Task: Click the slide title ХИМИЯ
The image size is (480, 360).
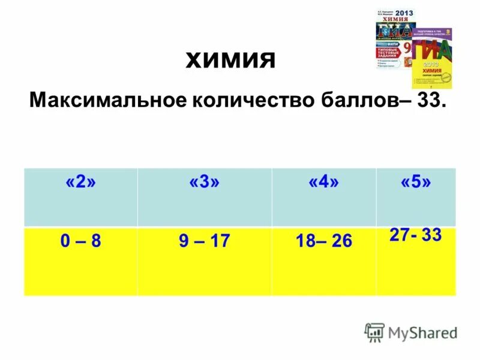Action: click(x=231, y=61)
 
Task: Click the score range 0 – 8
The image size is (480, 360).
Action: click(x=80, y=242)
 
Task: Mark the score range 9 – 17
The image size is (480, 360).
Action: click(x=205, y=242)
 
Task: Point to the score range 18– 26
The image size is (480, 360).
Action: click(x=323, y=242)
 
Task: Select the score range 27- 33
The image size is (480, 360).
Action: click(x=415, y=235)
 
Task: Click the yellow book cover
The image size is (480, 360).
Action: click(x=431, y=66)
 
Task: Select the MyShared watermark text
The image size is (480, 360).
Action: click(x=422, y=332)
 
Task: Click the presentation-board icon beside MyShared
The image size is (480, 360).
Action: click(x=374, y=332)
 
